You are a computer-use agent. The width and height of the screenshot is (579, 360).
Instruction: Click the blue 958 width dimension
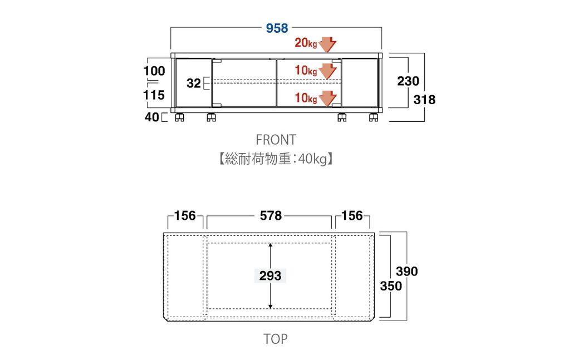(x=277, y=28)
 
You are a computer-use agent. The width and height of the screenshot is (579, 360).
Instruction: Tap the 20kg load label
(x=305, y=43)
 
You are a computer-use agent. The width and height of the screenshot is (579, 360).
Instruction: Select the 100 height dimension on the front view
(x=154, y=71)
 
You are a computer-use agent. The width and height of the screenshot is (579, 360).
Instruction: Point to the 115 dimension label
(x=154, y=95)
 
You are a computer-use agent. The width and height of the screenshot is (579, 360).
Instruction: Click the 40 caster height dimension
(x=151, y=117)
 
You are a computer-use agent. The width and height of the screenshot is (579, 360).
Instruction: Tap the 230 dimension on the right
(x=408, y=81)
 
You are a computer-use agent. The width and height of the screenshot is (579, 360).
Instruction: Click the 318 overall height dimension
(x=425, y=100)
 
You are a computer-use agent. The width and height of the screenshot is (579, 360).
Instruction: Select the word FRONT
(x=276, y=139)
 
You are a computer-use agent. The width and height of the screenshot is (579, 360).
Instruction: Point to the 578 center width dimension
(x=271, y=216)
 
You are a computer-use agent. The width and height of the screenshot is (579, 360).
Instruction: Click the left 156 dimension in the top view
(x=185, y=216)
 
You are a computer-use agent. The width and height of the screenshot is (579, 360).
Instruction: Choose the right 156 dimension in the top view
(x=351, y=216)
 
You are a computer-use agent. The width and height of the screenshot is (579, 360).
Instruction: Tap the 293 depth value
(x=270, y=275)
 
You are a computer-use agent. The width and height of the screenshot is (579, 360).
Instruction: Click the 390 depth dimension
(x=406, y=272)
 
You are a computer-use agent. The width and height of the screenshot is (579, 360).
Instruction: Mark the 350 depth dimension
(x=390, y=286)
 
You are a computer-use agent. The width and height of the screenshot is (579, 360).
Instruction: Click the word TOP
(x=276, y=339)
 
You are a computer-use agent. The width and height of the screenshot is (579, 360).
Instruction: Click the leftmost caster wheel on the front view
(x=179, y=117)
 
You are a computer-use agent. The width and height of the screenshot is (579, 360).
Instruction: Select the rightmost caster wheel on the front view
(x=372, y=117)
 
